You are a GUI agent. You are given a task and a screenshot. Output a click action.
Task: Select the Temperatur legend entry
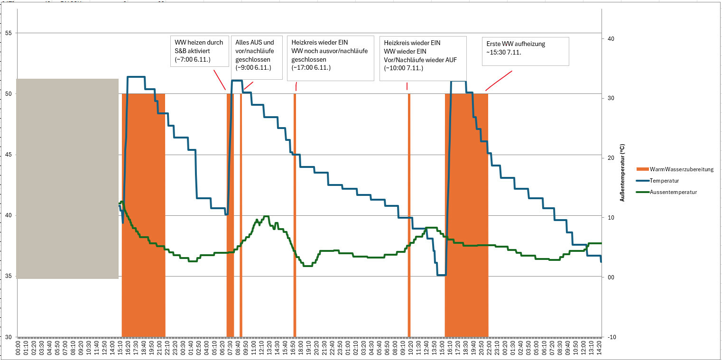click(x=664, y=181)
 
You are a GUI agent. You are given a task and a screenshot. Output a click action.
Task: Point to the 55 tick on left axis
click(x=8, y=33)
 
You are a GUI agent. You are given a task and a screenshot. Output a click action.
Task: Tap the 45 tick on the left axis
click(x=8, y=155)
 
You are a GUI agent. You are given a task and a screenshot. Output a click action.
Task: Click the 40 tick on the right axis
click(x=611, y=39)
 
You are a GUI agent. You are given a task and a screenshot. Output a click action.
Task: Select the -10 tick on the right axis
click(x=611, y=337)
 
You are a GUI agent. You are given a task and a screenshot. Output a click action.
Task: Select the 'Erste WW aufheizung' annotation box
click(x=525, y=51)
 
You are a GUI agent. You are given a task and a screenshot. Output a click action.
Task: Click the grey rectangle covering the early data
click(x=67, y=178)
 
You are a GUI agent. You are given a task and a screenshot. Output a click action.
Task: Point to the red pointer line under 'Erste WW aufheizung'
click(x=499, y=81)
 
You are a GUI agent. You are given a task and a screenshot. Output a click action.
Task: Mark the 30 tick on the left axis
click(x=8, y=337)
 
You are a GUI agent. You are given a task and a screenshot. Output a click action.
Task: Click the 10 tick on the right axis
click(x=611, y=218)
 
